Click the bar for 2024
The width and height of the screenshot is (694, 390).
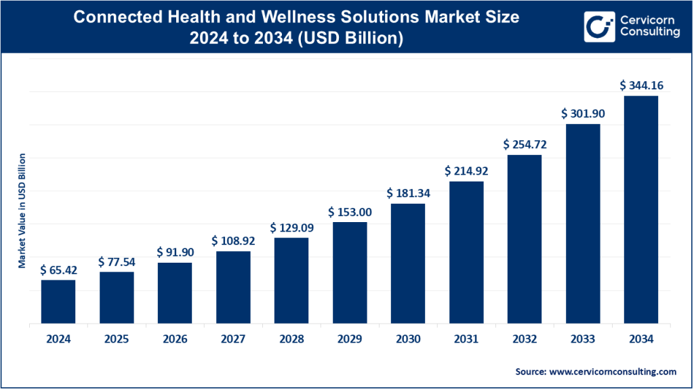click(x=58, y=301)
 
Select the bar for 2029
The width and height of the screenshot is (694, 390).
click(x=350, y=272)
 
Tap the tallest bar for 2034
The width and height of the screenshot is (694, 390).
click(x=640, y=209)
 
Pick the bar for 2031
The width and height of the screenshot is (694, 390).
click(x=466, y=252)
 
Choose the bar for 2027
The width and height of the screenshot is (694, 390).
click(x=233, y=287)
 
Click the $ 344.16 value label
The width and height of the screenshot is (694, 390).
click(x=640, y=85)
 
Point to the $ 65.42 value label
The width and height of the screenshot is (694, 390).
click(x=58, y=269)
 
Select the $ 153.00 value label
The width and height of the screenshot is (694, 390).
click(x=350, y=212)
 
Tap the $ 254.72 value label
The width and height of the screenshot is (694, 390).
click(x=524, y=144)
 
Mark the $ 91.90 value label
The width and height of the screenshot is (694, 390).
click(x=175, y=252)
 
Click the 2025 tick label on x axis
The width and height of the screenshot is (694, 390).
click(x=117, y=339)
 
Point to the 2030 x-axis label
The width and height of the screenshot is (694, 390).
click(x=408, y=339)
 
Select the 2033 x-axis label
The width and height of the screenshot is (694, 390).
click(x=582, y=339)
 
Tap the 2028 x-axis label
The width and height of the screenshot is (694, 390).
click(x=291, y=339)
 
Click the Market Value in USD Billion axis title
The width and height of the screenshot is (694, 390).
click(x=22, y=211)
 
